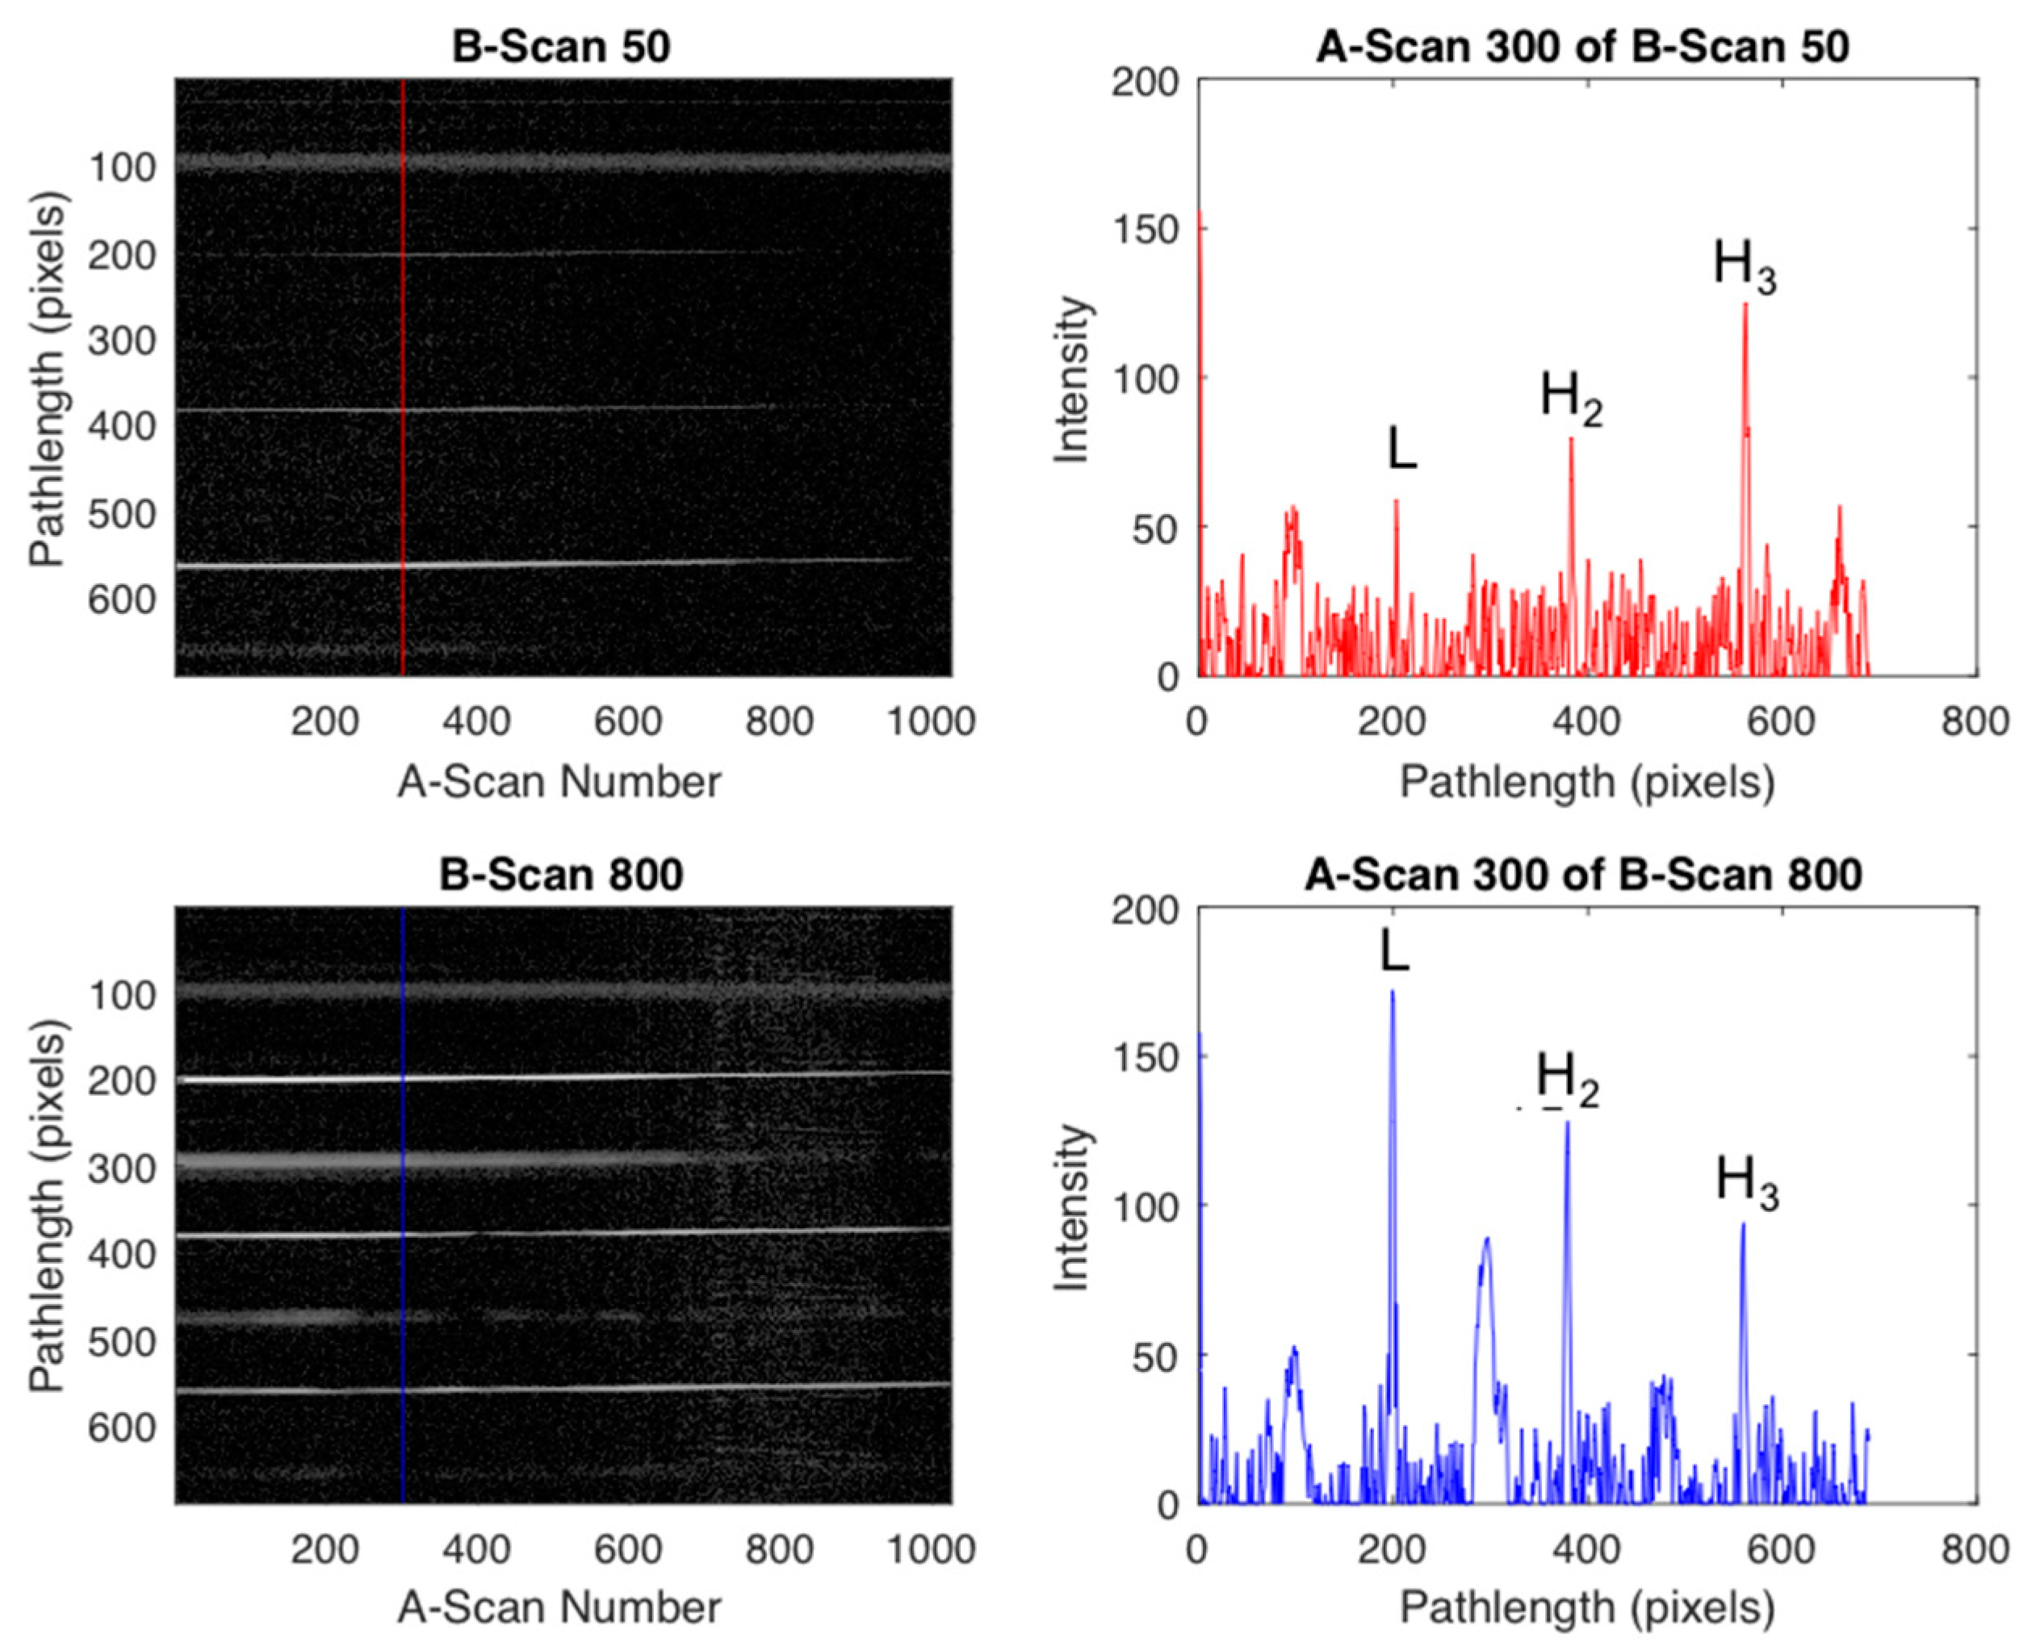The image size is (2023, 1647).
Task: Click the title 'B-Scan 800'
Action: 561,874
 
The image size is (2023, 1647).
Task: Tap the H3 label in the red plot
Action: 1743,265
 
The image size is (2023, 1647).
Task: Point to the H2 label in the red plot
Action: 1570,396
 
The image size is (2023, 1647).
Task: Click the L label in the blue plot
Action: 1394,951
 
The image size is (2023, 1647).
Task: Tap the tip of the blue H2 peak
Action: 1567,1122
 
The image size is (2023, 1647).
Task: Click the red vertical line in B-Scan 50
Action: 404,379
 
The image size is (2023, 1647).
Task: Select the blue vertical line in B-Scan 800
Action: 404,1205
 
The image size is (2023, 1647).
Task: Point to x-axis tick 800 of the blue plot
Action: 1975,1549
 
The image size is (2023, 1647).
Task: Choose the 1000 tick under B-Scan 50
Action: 931,722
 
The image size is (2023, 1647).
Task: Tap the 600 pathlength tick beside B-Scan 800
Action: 121,1428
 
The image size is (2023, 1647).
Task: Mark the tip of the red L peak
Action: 1396,501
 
